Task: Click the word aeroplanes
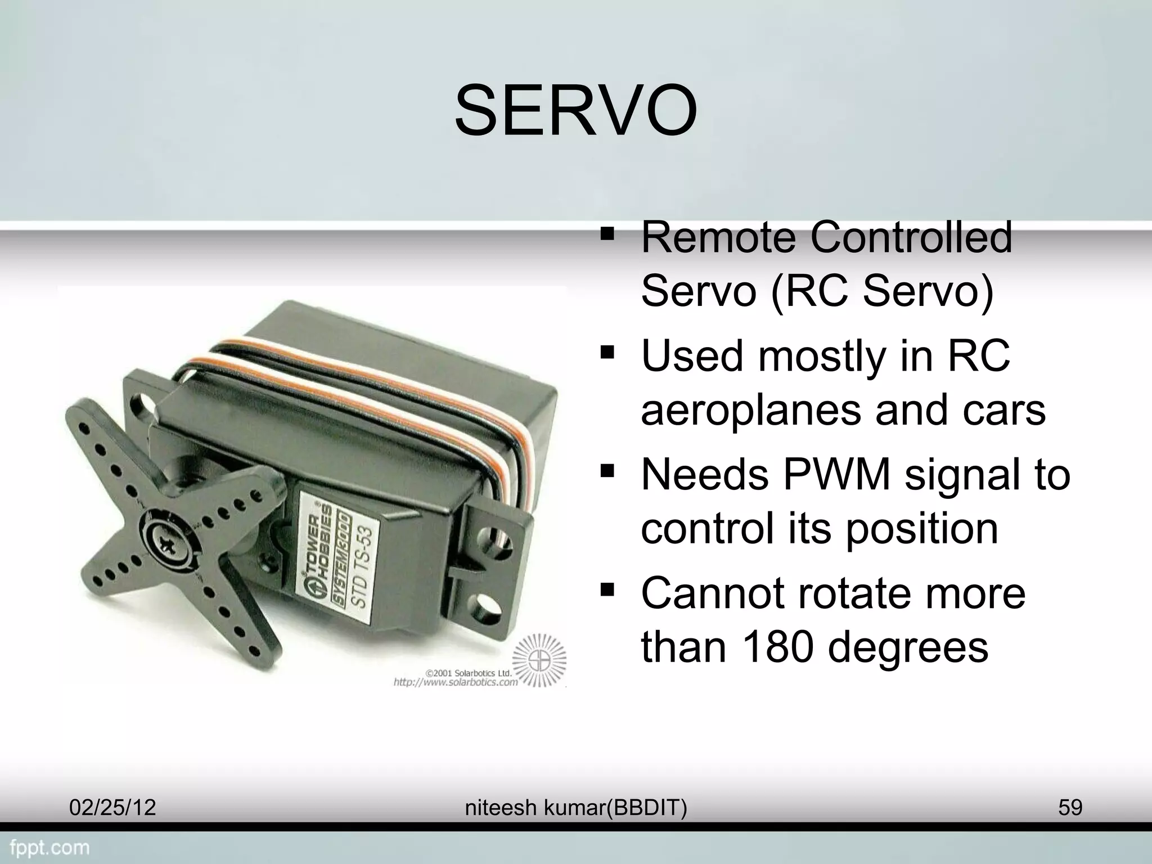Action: click(x=750, y=410)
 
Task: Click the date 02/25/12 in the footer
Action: click(x=112, y=808)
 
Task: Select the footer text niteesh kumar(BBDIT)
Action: click(x=576, y=808)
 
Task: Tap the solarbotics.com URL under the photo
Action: click(x=454, y=682)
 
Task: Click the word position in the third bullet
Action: click(x=922, y=529)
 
